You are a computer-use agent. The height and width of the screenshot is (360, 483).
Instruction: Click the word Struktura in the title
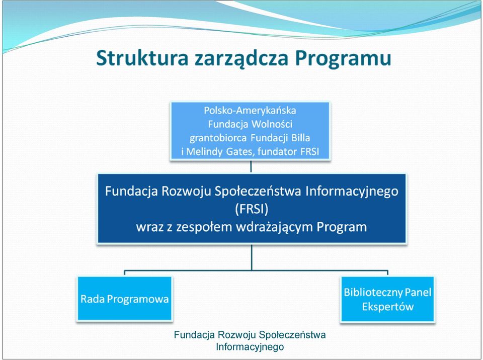tap(142, 58)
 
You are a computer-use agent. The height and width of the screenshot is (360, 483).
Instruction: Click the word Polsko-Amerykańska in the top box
tap(250, 110)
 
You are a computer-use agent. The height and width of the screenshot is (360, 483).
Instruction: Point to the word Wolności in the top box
tap(272, 124)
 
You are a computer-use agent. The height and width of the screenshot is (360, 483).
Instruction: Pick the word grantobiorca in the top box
tap(218, 138)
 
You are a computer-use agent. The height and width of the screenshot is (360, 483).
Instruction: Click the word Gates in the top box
tap(240, 152)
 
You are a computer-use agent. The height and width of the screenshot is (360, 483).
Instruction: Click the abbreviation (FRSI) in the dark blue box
tap(252, 209)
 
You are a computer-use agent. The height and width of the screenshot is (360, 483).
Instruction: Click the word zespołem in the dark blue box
tap(204, 228)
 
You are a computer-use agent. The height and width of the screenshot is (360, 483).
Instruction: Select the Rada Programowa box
tap(124, 299)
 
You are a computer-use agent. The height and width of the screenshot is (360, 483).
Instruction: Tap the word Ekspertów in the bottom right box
tap(387, 307)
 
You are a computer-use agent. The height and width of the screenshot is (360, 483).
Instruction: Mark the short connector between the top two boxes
tap(251, 166)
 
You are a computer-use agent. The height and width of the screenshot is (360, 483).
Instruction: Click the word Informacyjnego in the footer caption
tap(250, 347)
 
